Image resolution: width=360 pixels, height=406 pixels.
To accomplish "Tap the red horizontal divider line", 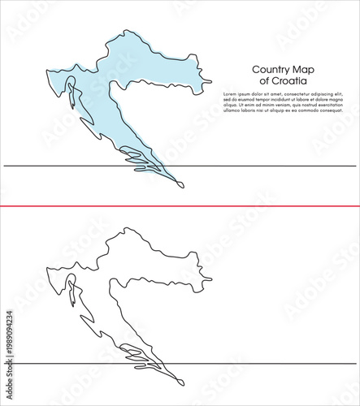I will click(x=180, y=206).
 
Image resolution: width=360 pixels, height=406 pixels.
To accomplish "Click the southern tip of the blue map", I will click(x=184, y=186).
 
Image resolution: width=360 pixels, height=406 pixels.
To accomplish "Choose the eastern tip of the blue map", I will click(x=210, y=82).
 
